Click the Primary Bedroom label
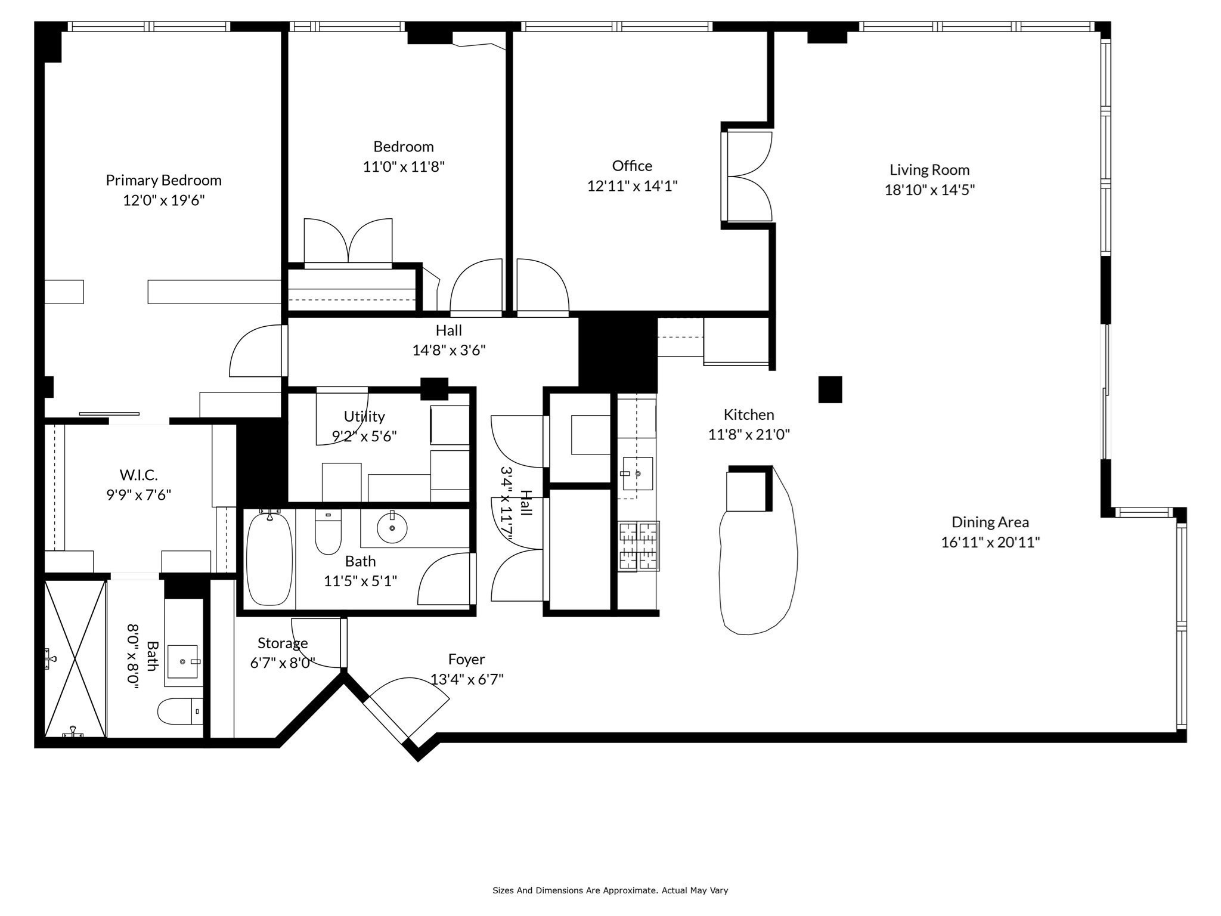click(163, 180)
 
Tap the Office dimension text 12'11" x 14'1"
click(632, 186)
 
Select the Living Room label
click(929, 170)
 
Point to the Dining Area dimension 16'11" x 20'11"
click(990, 543)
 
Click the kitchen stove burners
click(638, 546)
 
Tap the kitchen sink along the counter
click(637, 474)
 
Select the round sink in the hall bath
click(392, 528)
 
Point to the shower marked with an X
click(75, 658)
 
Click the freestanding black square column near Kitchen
click(829, 389)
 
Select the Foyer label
click(466, 660)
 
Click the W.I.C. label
click(138, 475)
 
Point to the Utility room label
click(364, 416)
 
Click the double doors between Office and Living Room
click(748, 177)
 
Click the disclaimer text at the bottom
click(610, 890)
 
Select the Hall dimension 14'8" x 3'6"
click(448, 351)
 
